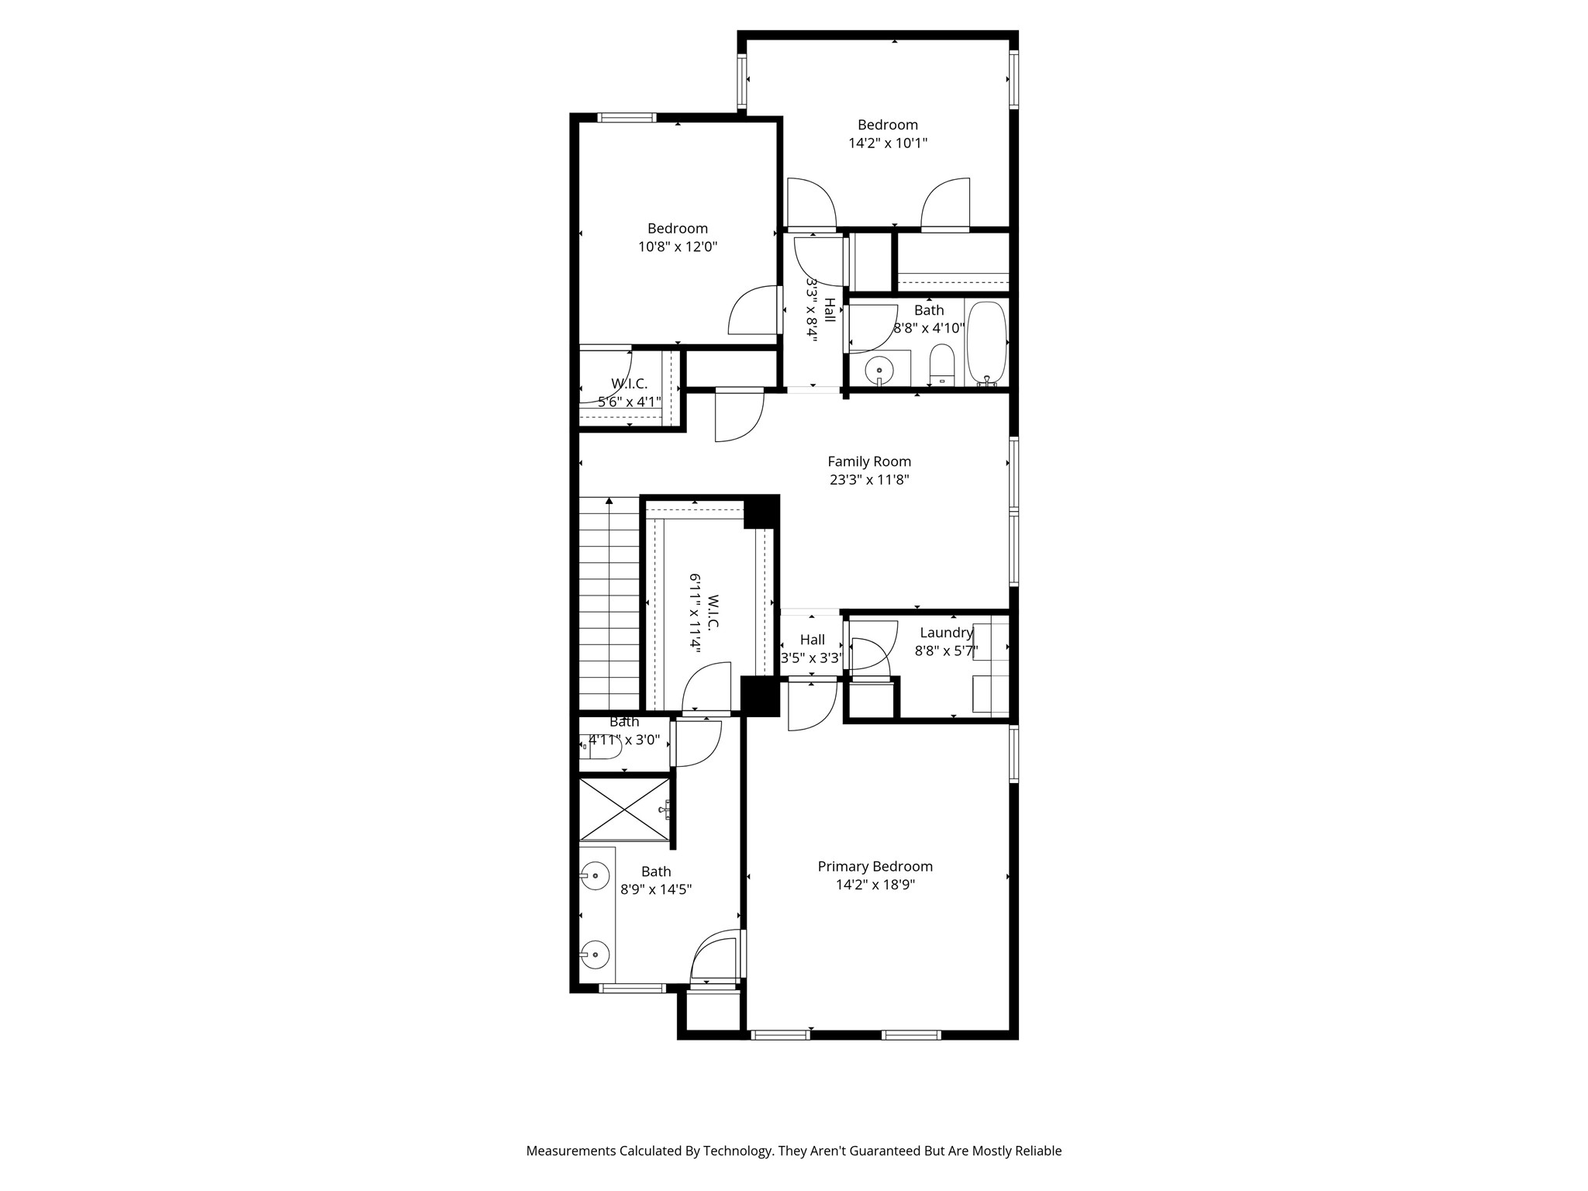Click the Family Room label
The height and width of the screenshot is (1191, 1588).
click(x=869, y=461)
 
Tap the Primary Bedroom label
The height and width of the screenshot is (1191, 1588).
click(x=875, y=866)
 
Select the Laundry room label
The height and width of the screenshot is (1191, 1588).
click(x=946, y=633)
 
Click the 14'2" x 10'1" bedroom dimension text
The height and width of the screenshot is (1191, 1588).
click(x=888, y=143)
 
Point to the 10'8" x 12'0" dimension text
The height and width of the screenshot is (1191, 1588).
click(x=678, y=247)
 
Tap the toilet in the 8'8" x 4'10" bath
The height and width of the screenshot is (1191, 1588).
click(x=941, y=364)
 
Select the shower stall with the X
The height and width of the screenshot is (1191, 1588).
click(x=624, y=809)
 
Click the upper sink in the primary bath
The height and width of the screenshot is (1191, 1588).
click(x=595, y=875)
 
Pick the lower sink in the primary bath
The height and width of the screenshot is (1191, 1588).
click(x=595, y=954)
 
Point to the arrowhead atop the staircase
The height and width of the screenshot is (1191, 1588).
click(x=609, y=501)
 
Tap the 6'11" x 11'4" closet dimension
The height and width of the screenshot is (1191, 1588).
click(x=696, y=613)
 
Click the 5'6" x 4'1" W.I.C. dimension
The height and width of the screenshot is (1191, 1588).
click(x=629, y=402)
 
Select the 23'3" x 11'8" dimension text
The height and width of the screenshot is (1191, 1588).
click(x=869, y=480)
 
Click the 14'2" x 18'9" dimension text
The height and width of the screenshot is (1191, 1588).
click(x=875, y=885)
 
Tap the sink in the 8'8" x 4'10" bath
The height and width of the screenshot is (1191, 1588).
click(x=879, y=371)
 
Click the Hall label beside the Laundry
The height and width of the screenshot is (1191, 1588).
click(x=812, y=640)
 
